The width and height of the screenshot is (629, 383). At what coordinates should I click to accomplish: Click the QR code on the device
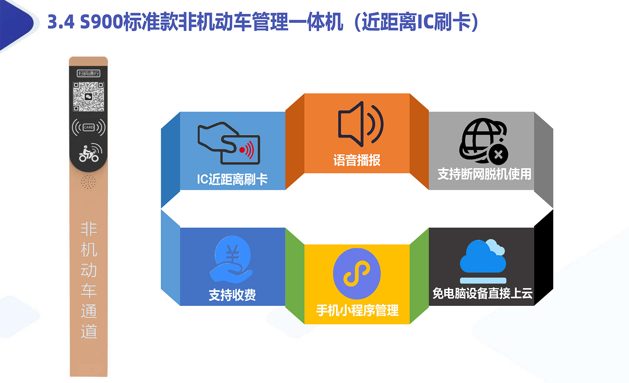coord(88,97)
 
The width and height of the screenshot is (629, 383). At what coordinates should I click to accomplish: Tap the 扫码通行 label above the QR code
coord(88,73)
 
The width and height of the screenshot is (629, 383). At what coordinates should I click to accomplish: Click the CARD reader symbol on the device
coord(88,127)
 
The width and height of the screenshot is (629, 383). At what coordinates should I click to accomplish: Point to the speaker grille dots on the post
coord(88,182)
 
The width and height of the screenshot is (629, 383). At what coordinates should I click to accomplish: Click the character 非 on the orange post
coord(89,229)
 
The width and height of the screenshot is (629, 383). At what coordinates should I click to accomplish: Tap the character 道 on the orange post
coord(89,331)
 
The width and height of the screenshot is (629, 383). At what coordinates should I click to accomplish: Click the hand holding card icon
coord(229,143)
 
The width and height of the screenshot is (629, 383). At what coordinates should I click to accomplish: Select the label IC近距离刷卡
coord(232,179)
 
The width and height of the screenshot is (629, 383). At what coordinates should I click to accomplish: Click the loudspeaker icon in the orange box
coord(360,124)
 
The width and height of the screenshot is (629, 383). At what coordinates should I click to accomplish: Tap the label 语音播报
coord(357,160)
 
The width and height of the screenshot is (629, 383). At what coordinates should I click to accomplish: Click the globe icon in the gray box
coord(484,141)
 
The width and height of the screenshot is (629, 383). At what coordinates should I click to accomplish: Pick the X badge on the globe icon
coord(498,155)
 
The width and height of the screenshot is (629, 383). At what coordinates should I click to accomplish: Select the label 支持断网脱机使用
coord(484,174)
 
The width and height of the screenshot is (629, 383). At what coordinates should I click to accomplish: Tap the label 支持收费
coord(232,295)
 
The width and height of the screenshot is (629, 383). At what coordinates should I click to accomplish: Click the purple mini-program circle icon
coord(357,274)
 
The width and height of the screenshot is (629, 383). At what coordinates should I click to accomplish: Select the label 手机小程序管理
coord(357,310)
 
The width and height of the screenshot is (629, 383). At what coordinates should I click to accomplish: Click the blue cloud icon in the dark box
coord(483,256)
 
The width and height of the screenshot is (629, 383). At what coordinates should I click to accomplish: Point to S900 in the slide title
coord(101,22)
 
